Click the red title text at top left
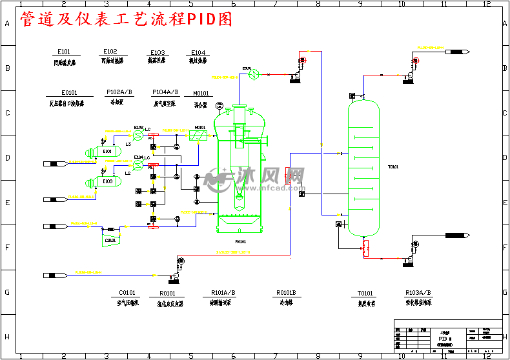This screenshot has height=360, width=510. click(x=126, y=21)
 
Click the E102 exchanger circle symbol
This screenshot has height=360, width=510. click(x=138, y=136)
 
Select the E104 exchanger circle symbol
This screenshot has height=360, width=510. click(x=138, y=166)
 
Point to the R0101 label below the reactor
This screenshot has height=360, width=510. click(x=241, y=242)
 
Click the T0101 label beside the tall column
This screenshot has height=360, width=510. click(x=393, y=167)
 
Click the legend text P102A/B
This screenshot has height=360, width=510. click(x=119, y=92)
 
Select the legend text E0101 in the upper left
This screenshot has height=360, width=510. click(x=69, y=92)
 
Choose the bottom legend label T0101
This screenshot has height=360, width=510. click(x=365, y=293)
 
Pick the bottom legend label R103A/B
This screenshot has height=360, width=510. click(x=418, y=292)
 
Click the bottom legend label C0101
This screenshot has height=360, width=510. click(x=127, y=293)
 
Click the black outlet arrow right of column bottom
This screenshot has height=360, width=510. click(x=456, y=235)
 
